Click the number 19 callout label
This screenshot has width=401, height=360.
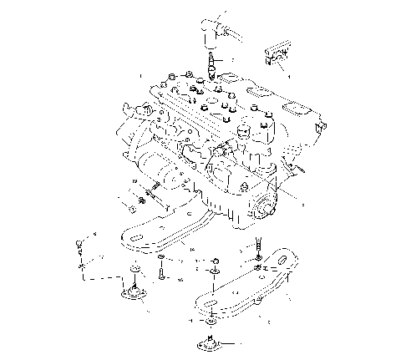tap(134, 182)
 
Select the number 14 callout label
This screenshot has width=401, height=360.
tap(193, 249)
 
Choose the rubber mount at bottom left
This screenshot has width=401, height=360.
tap(132, 292)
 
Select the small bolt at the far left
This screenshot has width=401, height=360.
tap(79, 243)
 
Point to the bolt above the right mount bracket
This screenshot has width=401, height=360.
tap(258, 246)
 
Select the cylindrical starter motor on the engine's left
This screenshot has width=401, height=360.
tap(164, 168)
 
